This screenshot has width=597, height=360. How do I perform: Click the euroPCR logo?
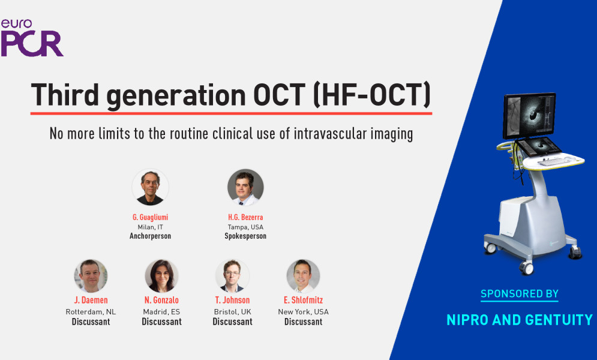click(32, 38)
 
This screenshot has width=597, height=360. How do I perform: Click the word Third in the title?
click(65, 94)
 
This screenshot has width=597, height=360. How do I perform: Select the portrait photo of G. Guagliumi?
click(151, 187)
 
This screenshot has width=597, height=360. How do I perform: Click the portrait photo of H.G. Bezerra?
click(245, 187)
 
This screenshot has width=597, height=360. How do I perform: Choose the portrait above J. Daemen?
click(91, 276)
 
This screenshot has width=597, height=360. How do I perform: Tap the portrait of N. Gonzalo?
click(162, 276)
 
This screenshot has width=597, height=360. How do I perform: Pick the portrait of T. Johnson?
click(232, 276)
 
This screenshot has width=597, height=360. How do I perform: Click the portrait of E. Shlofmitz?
click(303, 276)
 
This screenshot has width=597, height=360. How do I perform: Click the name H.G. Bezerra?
click(245, 217)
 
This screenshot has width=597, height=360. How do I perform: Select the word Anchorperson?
click(151, 236)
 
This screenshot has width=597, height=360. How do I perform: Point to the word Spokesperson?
click(245, 236)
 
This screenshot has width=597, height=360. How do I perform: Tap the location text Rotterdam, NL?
click(91, 311)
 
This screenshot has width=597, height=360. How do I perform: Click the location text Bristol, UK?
click(232, 311)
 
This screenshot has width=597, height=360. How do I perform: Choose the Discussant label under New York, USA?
click(304, 322)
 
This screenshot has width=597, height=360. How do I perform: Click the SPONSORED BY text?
click(520, 294)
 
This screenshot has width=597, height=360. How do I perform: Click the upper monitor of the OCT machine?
click(529, 115)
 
